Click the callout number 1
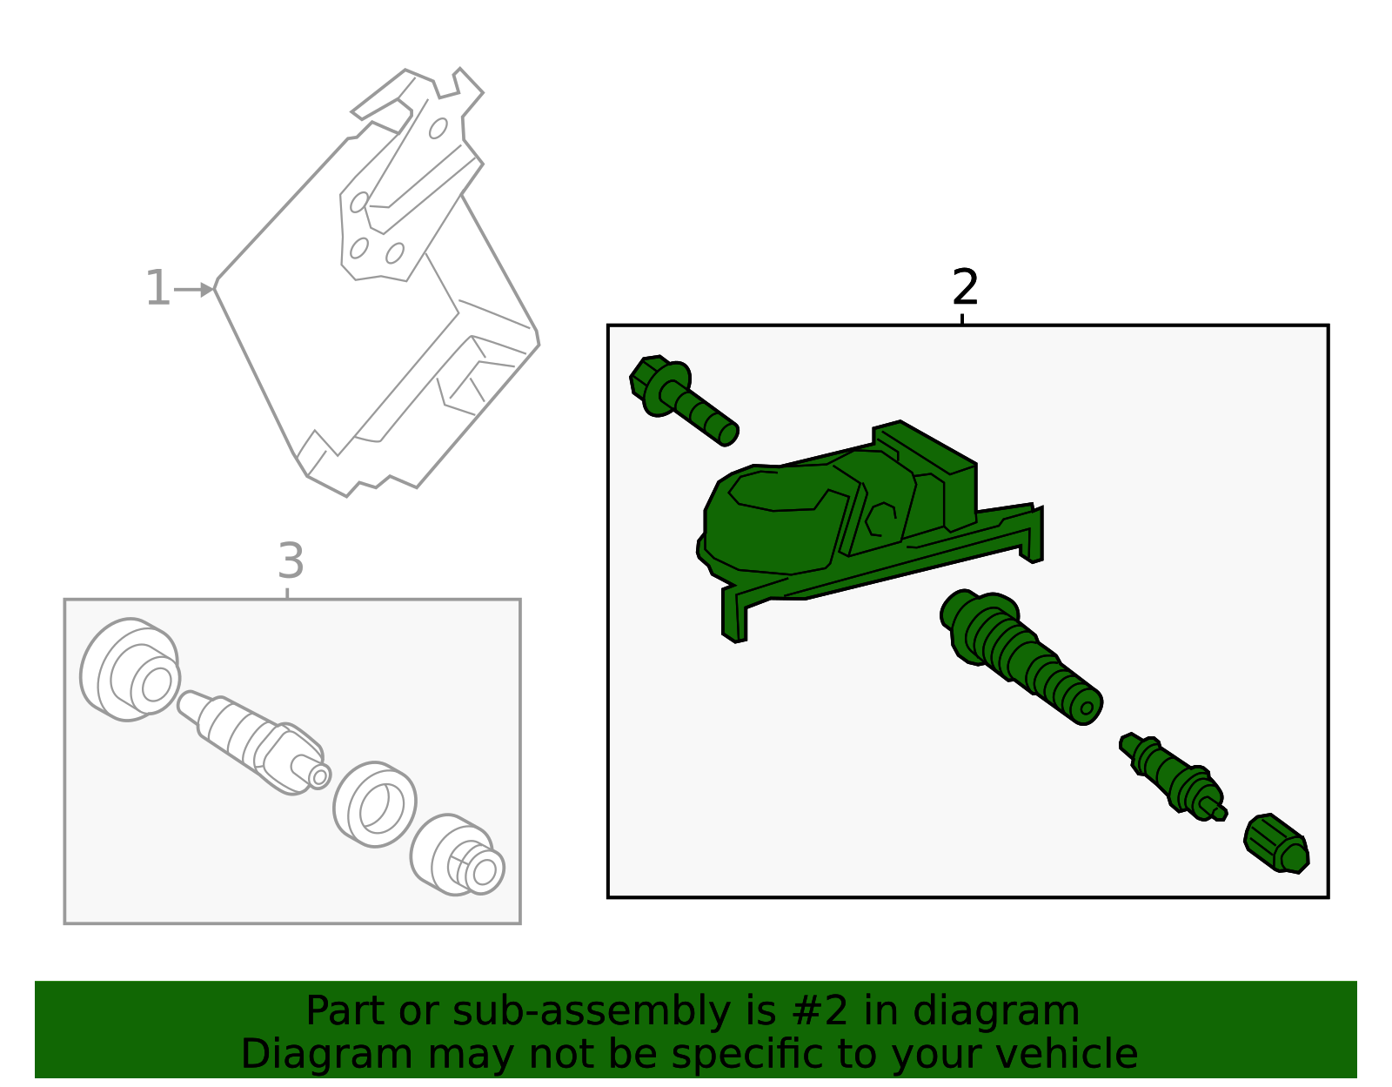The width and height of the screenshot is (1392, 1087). point(157,289)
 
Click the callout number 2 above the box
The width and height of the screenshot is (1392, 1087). point(965,287)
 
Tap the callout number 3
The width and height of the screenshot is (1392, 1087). point(291,561)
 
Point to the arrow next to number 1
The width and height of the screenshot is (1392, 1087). point(193,290)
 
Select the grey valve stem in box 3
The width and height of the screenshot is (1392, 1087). point(252,737)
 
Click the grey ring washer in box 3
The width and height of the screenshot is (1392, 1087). point(375,804)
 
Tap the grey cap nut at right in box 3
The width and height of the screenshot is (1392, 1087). point(457,856)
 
